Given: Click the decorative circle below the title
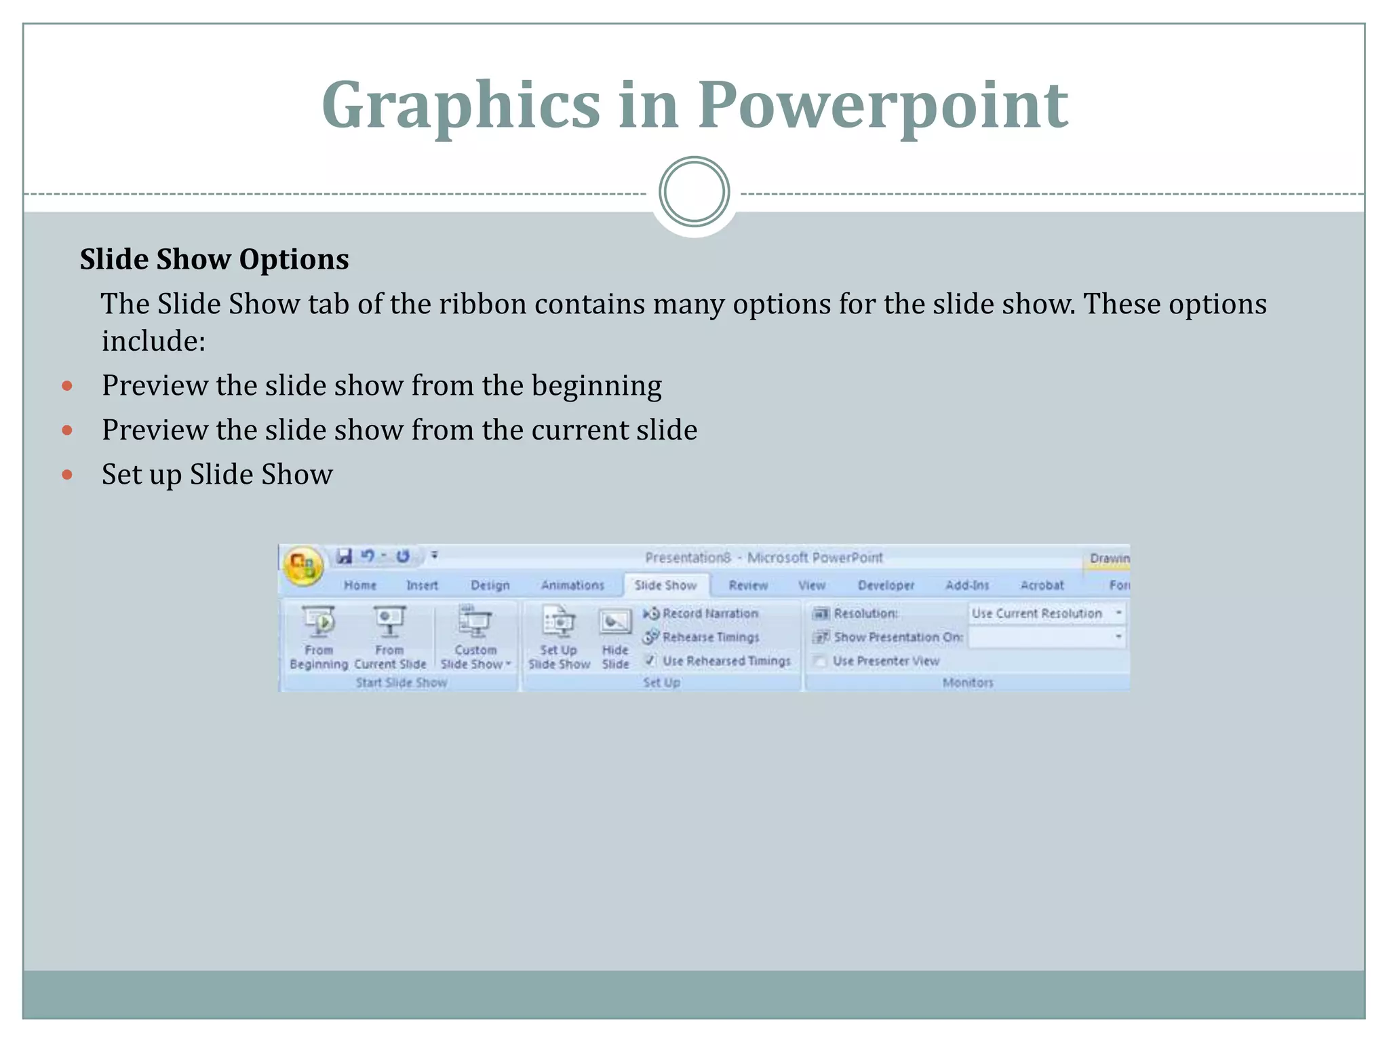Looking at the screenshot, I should click(x=694, y=192).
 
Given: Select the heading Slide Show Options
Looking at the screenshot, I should click(x=214, y=259).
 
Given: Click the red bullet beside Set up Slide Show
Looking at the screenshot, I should click(x=67, y=474).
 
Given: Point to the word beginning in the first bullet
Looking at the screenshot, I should click(x=597, y=385).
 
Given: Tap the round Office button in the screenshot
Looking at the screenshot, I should click(x=302, y=564).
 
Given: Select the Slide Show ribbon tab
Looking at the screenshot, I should click(x=665, y=585).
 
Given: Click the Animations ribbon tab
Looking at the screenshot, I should click(x=572, y=585).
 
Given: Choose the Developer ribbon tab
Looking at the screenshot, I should click(x=886, y=585).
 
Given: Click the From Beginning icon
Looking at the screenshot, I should click(x=319, y=622).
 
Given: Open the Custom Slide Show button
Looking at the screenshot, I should click(x=475, y=622).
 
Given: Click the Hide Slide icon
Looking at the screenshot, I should click(x=615, y=622).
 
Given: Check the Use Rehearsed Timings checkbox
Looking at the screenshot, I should click(x=650, y=660).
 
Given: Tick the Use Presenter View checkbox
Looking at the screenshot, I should click(x=820, y=661).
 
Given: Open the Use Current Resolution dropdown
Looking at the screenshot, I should click(x=1118, y=613).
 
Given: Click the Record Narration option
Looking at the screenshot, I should click(x=709, y=613).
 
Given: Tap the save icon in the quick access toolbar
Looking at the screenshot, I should click(x=345, y=556).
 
